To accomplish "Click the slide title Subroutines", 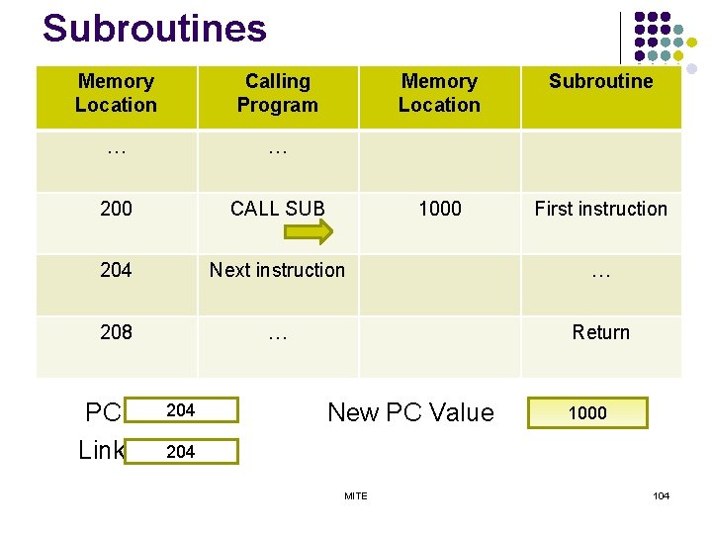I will click(x=154, y=29).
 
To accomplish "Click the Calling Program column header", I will click(x=278, y=94).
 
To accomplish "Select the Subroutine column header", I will click(x=601, y=82).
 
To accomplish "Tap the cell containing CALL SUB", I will click(x=278, y=209).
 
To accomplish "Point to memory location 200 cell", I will click(x=116, y=209).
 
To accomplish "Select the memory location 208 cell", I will click(x=116, y=332).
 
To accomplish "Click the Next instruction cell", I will click(x=278, y=270).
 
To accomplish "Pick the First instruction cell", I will click(x=601, y=209).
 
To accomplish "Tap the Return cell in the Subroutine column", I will click(x=601, y=332).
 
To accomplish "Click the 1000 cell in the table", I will click(x=440, y=209).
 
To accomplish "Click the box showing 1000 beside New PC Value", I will click(x=588, y=413).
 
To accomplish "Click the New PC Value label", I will click(x=410, y=412).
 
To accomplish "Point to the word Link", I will click(x=102, y=450).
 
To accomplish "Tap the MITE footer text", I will click(x=356, y=495).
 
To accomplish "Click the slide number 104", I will click(x=661, y=495).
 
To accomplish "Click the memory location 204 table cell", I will click(x=116, y=270).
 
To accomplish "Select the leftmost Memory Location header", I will click(x=116, y=94).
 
